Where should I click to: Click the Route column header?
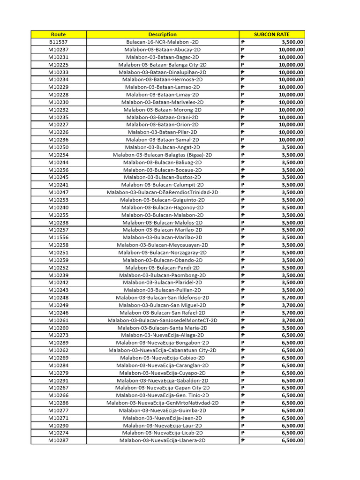click(59, 34)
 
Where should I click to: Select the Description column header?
click(162, 34)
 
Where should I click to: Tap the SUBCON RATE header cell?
click(272, 34)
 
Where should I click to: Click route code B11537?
click(59, 42)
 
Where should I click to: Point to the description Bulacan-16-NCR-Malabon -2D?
click(162, 42)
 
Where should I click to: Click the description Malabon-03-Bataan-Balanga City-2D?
click(162, 65)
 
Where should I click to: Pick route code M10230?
click(59, 102)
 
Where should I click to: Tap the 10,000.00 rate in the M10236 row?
click(291, 140)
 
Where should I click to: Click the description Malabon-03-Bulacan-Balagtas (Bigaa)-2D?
click(162, 155)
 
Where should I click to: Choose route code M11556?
click(59, 238)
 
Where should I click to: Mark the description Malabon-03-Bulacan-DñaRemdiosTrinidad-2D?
click(162, 192)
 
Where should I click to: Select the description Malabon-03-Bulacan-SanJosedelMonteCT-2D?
click(162, 320)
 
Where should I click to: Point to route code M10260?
click(59, 328)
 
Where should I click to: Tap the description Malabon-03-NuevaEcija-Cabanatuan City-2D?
click(162, 350)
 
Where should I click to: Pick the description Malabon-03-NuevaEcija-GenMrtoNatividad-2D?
click(162, 403)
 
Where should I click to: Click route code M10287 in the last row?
click(59, 441)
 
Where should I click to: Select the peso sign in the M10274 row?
click(243, 433)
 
